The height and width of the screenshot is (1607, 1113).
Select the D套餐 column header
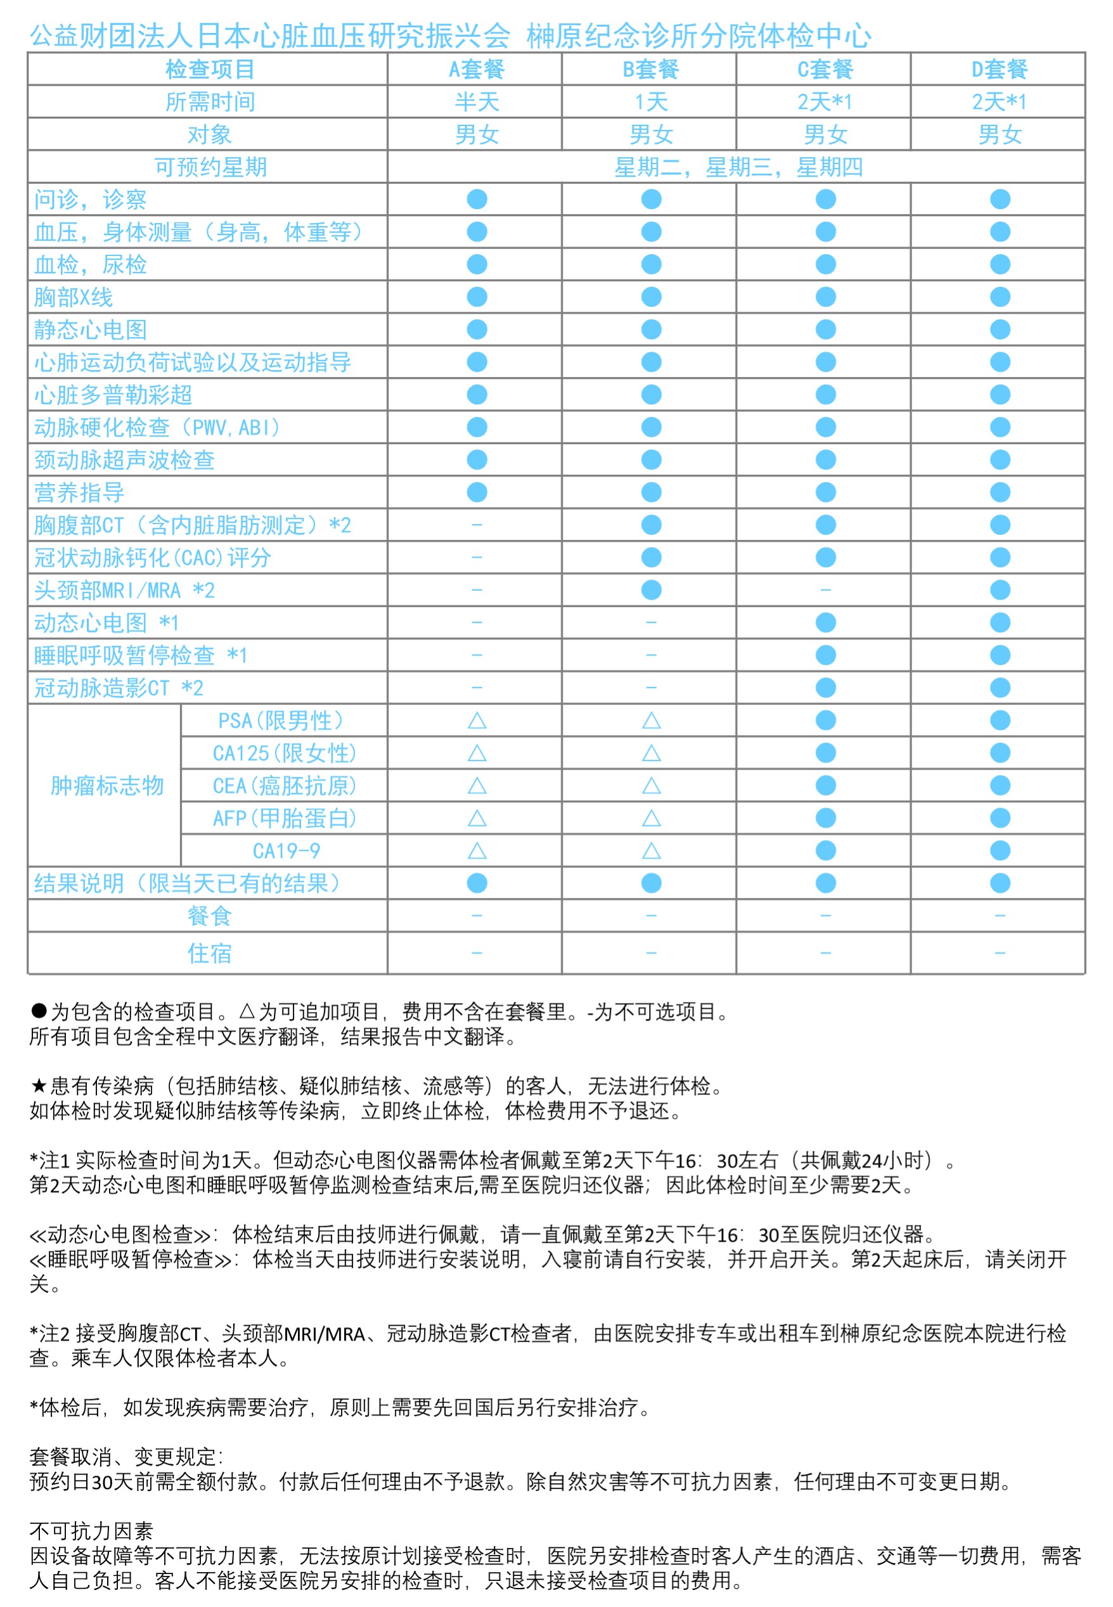(1000, 69)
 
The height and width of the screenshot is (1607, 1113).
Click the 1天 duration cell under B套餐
(651, 102)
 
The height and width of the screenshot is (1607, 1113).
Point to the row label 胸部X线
(74, 297)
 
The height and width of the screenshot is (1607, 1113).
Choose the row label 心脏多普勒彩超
(113, 395)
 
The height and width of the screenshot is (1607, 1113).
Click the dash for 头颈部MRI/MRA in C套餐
(825, 590)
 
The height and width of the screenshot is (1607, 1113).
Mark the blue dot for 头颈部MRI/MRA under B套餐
(651, 590)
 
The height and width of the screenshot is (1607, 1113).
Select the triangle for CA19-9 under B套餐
(651, 850)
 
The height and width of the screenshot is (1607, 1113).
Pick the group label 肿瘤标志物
(106, 786)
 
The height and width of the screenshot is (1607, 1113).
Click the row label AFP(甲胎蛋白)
(285, 818)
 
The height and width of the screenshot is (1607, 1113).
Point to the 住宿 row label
(209, 952)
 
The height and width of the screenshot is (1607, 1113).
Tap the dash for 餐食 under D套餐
(1000, 916)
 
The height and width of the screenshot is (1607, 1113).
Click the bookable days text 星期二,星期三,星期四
(738, 167)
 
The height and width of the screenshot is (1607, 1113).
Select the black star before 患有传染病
(39, 1085)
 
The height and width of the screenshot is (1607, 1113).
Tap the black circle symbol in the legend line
(39, 1011)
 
